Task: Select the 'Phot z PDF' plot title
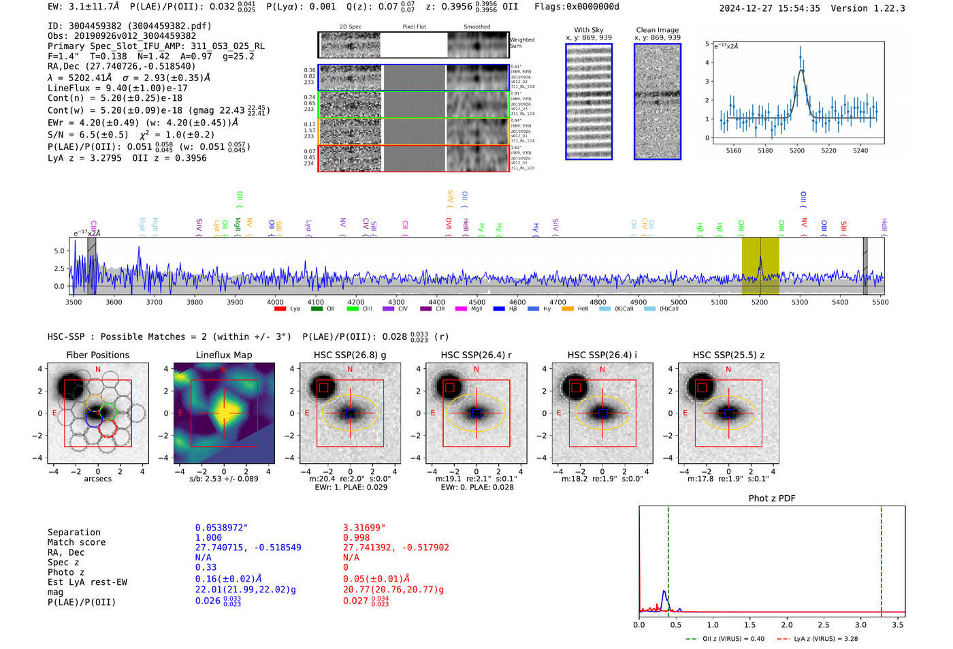[771, 498]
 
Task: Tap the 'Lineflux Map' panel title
[223, 355]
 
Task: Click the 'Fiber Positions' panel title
[97, 355]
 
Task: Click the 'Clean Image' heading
[657, 30]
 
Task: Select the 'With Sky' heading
[588, 30]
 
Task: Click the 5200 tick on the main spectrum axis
[759, 302]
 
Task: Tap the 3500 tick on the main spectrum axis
[74, 302]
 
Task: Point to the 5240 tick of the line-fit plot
[860, 151]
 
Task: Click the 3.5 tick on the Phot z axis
[898, 624]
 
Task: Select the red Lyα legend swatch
[280, 309]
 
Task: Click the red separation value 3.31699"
[364, 528]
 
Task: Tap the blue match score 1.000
[208, 537]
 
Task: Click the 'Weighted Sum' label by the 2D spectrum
[521, 43]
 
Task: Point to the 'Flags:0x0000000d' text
[577, 7]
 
